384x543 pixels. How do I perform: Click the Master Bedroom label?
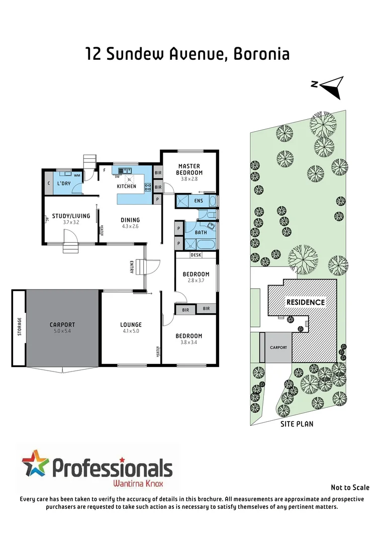[189, 169]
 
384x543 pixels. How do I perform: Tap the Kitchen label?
[127, 187]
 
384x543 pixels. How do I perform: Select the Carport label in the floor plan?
[62, 325]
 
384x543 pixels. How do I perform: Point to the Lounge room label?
[131, 325]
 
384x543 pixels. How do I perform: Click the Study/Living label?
[71, 216]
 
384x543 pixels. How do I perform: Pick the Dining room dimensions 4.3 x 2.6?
[130, 226]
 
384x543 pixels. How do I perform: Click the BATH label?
[201, 233]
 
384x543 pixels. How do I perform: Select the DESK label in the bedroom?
[196, 255]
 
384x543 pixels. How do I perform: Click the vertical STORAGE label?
[20, 327]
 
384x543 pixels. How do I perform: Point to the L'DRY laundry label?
[64, 184]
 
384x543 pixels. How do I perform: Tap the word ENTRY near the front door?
[132, 267]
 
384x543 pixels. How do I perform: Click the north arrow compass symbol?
[332, 86]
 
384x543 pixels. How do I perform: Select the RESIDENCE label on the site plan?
[306, 302]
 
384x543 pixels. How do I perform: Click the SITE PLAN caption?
[297, 424]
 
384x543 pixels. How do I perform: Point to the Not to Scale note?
[350, 487]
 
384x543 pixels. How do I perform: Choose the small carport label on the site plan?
[278, 347]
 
